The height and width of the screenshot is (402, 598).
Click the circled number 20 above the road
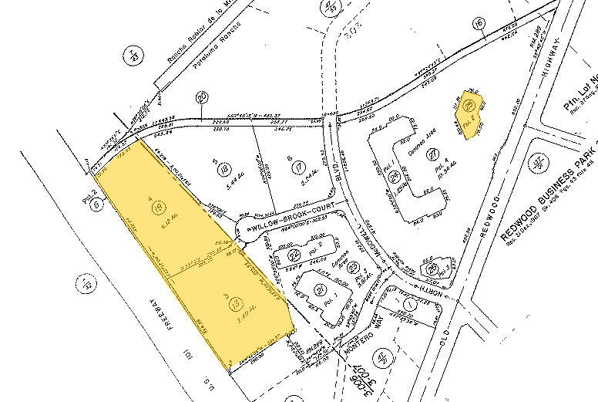pos(202,97)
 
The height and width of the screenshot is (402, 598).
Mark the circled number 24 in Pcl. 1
pos(395,177)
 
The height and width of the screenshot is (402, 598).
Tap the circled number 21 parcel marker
pos(319,290)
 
